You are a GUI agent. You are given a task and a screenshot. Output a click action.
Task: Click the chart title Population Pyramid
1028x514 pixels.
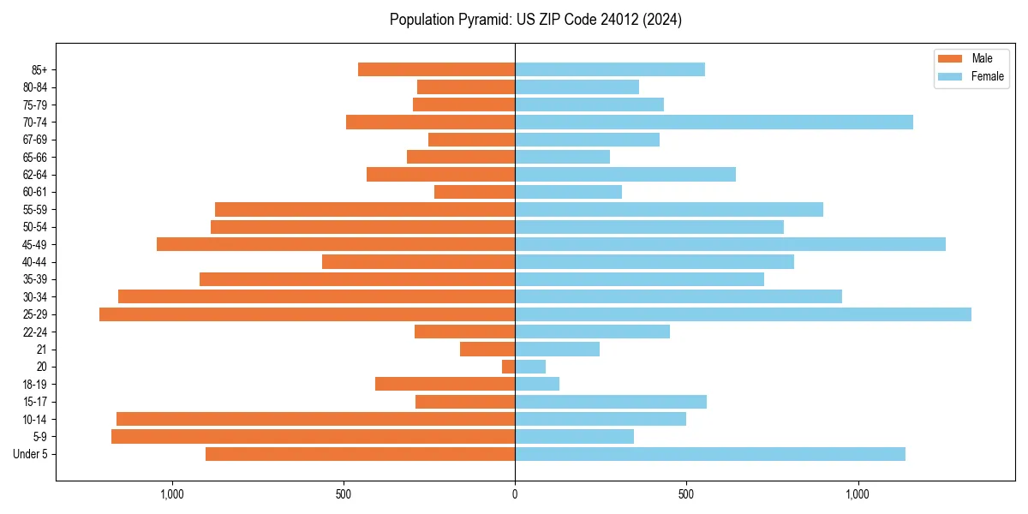coord(535,20)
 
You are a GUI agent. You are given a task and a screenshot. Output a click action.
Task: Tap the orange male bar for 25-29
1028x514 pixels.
coord(307,314)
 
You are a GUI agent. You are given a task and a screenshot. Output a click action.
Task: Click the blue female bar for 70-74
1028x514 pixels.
coord(714,122)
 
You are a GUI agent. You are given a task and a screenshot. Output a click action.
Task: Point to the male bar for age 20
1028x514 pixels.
coord(508,367)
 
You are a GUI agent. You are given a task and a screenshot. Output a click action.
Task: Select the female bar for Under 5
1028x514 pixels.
coord(709,454)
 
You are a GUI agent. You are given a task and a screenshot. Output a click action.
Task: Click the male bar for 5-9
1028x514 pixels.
coord(313,437)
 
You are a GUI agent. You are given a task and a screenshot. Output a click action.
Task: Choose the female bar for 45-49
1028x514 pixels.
coord(730,244)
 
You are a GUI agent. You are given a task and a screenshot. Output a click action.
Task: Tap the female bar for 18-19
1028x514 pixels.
coord(537,384)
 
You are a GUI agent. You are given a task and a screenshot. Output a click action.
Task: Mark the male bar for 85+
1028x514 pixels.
coord(436,69)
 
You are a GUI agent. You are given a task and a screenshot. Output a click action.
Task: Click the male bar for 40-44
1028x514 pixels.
coord(418,262)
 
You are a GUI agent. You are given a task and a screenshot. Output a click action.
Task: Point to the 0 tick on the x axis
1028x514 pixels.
coord(515,494)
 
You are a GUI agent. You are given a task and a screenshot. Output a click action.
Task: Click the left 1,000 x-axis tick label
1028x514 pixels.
coord(172,494)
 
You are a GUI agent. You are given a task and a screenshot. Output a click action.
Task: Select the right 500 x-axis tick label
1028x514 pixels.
coord(686,494)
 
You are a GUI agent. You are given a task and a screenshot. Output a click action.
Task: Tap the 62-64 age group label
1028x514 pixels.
coord(35,175)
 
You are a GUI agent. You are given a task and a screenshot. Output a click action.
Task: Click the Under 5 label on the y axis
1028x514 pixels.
coord(31,454)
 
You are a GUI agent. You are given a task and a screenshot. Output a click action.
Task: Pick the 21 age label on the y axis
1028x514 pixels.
coord(42,350)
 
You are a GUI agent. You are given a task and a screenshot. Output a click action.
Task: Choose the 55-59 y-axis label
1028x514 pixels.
coord(35,210)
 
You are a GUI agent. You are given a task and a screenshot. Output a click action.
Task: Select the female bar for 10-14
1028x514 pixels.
coord(601,419)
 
